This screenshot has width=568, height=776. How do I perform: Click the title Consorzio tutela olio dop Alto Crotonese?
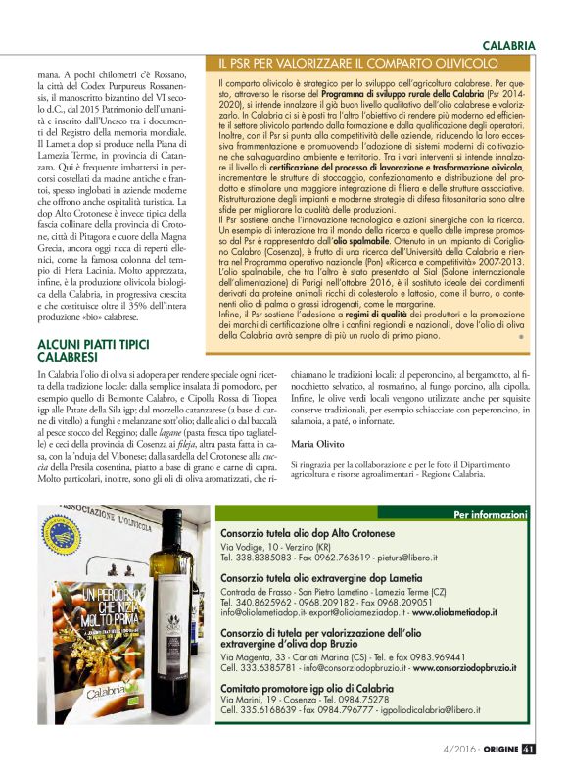(320, 532)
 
